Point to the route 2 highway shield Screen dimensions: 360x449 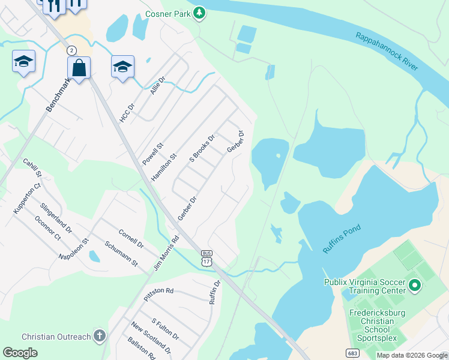[x=72, y=50]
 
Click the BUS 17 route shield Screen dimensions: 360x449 [x=206, y=259]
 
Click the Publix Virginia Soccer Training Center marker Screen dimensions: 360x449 [x=414, y=286]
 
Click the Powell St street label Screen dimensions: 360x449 [x=152, y=154]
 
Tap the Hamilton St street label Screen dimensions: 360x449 [x=164, y=167]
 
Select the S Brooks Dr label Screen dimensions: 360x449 [x=202, y=148]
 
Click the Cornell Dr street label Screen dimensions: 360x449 [x=131, y=239]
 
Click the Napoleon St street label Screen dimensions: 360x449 [x=73, y=248]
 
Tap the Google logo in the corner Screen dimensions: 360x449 [x=20, y=353]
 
